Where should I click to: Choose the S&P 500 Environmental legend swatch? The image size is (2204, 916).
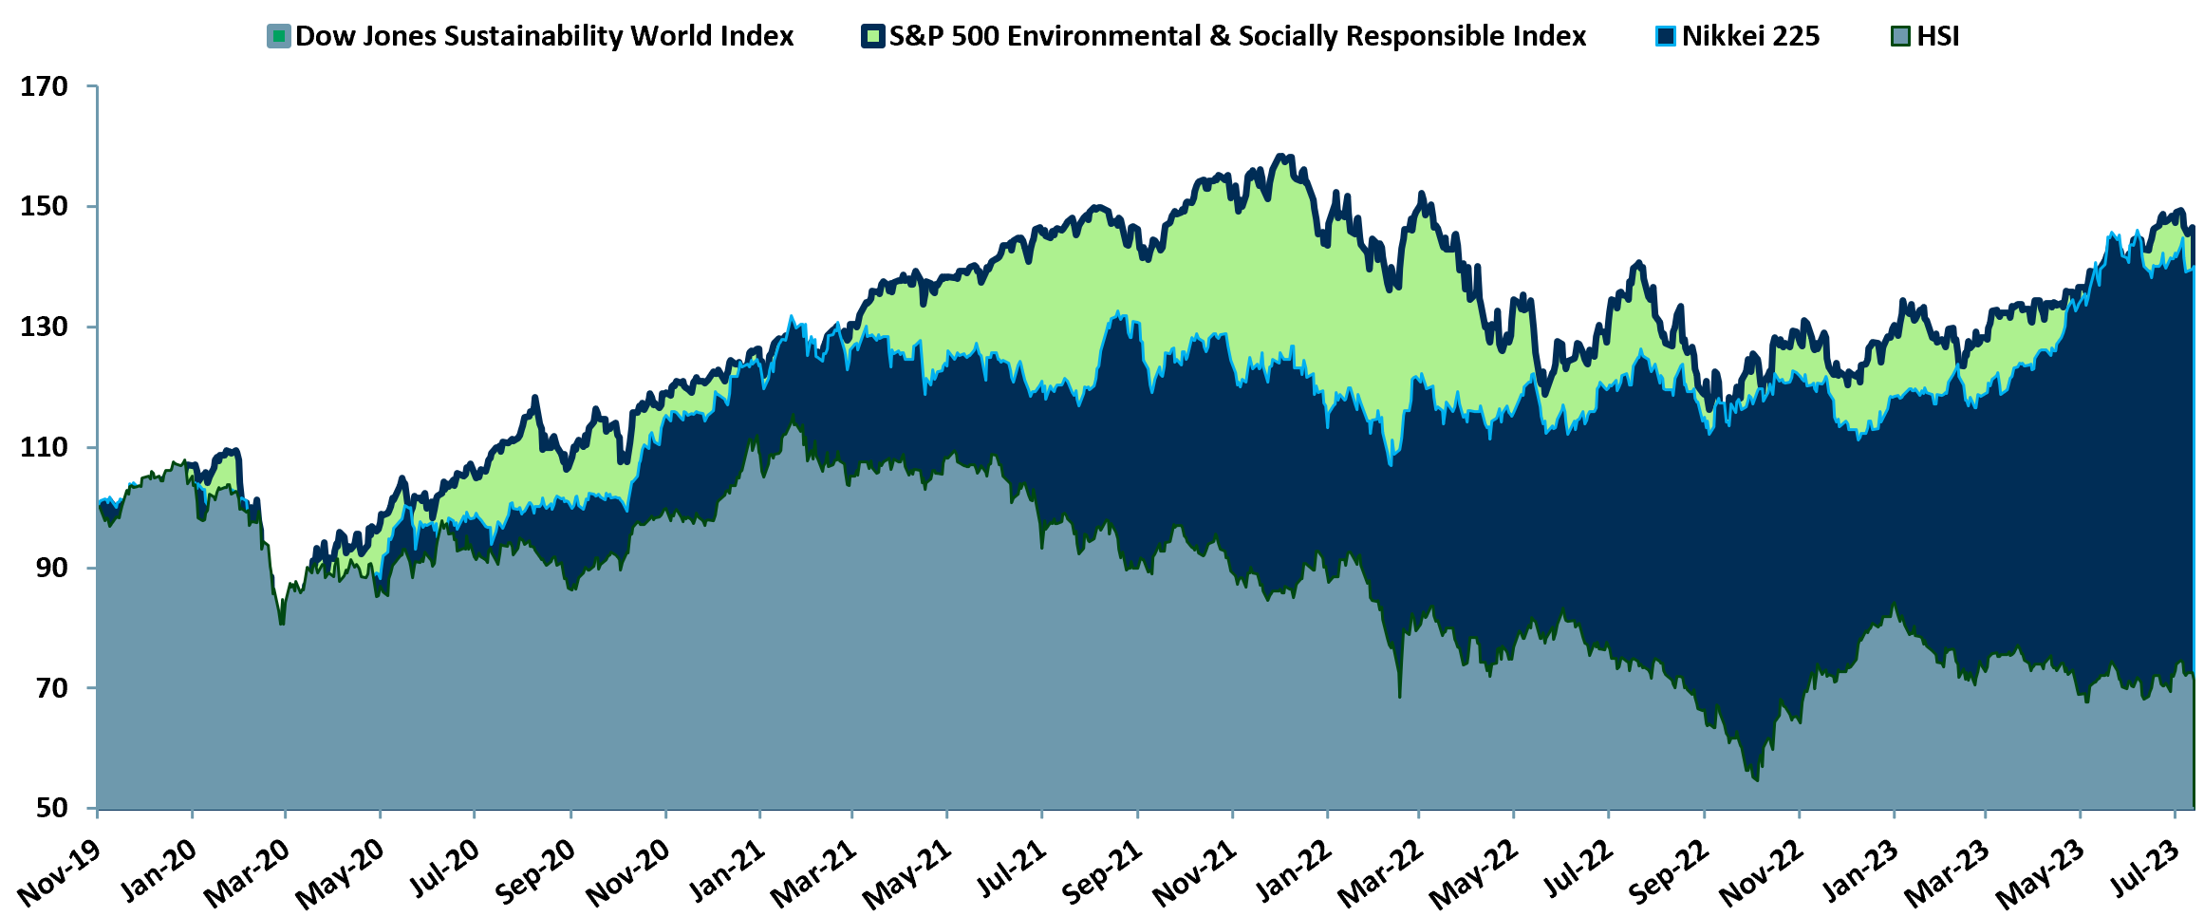pos(873,36)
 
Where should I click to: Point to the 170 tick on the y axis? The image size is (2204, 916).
pos(45,86)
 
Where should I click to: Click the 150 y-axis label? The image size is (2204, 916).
pos(45,206)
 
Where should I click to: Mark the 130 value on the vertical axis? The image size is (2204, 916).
pos(45,327)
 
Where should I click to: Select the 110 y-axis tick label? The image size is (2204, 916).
pos(45,447)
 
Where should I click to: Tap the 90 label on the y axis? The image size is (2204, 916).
pos(52,568)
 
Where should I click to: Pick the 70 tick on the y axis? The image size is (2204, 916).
pos(52,687)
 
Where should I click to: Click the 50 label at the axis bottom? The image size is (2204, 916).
pos(52,808)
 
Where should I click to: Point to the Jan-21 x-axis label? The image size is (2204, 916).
pos(726,871)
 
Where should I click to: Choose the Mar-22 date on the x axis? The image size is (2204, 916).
pos(1382,871)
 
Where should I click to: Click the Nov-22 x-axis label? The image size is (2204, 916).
pos(1762,871)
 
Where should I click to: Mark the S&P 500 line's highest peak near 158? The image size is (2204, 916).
pos(1281,155)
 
